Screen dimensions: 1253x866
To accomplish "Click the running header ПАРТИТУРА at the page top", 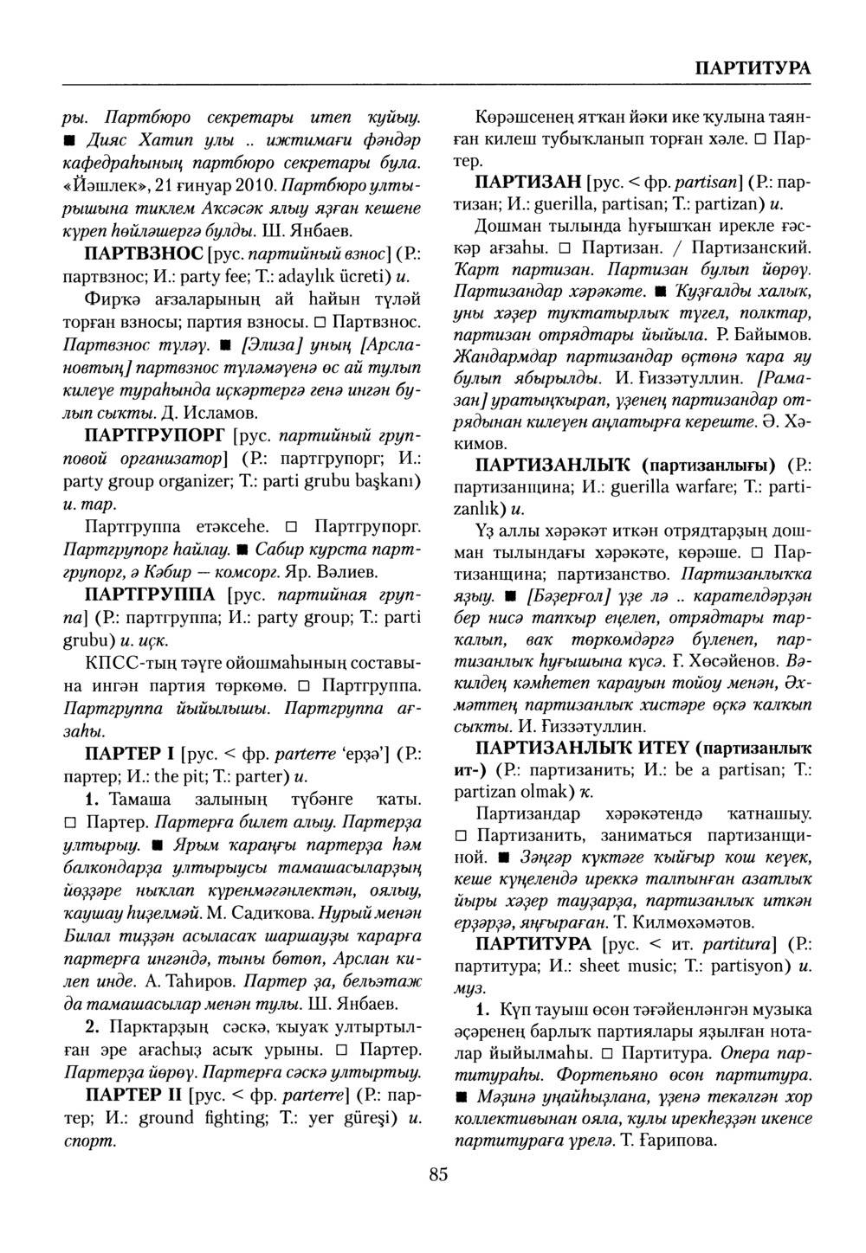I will (753, 68).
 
